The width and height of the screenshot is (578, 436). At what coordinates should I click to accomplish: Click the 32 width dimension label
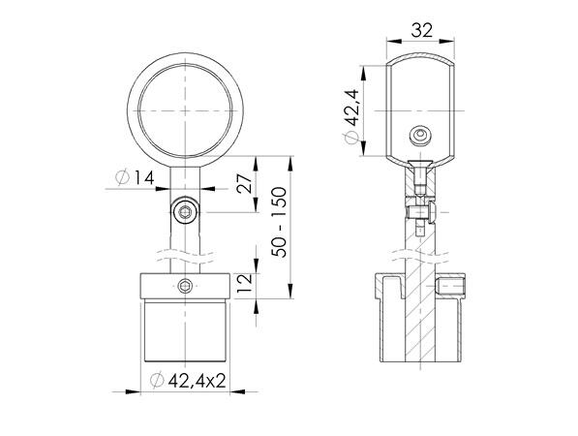pos(422,30)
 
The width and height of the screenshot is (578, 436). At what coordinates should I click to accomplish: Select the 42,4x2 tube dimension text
pos(198,381)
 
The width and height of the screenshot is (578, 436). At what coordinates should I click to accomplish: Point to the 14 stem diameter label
pos(143,178)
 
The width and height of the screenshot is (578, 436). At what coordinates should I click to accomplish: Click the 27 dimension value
pos(244,183)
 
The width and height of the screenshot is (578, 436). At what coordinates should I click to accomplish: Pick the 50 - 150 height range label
pos(279,223)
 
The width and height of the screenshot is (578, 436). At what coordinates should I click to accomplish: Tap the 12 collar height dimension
pos(244,283)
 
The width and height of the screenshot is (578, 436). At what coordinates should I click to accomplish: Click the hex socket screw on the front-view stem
pos(185,212)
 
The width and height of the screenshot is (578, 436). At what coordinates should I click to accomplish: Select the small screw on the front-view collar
pos(185,286)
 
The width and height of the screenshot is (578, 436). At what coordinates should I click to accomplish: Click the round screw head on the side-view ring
pos(420,136)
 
